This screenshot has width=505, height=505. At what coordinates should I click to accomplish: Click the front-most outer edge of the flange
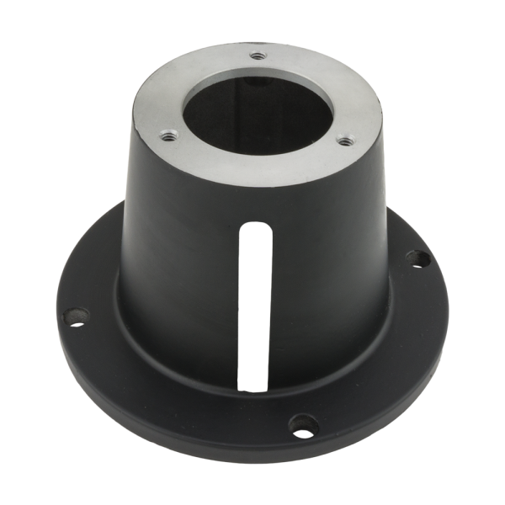click(x=252, y=459)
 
